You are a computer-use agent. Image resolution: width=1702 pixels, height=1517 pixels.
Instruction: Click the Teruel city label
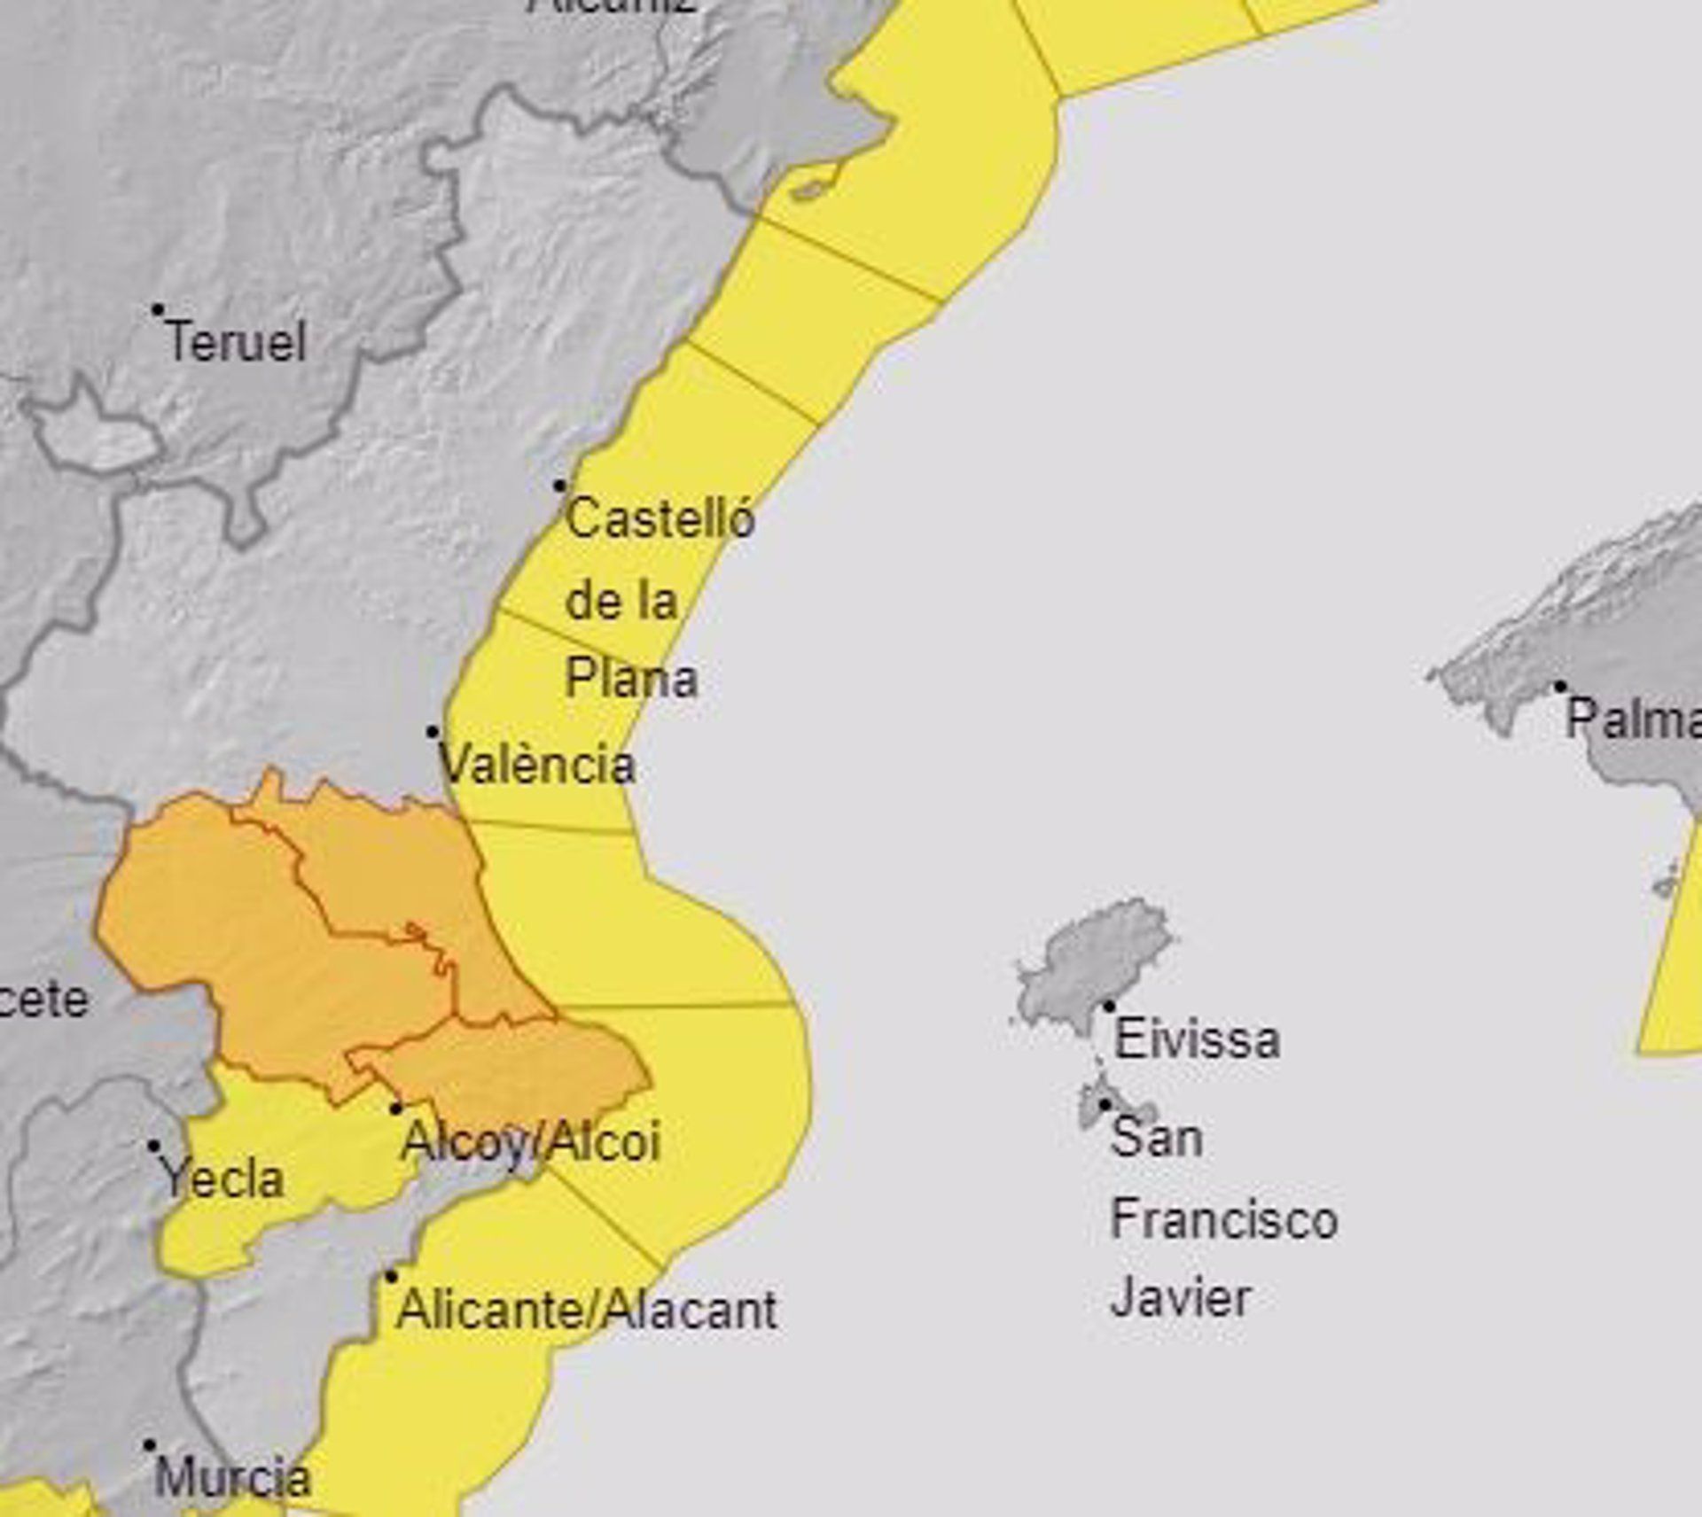236,342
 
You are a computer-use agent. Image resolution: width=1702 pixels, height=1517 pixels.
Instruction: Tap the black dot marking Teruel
158,310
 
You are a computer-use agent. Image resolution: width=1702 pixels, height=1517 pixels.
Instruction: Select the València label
538,765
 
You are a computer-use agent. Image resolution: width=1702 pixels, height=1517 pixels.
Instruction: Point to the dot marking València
433,732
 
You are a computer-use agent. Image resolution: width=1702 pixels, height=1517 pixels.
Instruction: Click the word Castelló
660,518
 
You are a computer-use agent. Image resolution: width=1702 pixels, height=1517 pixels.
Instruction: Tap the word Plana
631,680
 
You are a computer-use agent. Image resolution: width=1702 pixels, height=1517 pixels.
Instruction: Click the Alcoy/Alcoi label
530,1141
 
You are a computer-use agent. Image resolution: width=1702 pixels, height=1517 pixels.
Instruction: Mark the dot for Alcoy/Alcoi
396,1109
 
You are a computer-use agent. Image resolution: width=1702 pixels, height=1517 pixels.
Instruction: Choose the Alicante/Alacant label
586,1310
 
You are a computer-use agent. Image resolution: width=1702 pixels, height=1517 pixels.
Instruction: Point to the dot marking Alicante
391,1277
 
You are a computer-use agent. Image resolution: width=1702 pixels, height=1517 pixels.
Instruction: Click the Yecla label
222,1179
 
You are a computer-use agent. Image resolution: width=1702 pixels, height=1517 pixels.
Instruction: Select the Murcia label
232,1477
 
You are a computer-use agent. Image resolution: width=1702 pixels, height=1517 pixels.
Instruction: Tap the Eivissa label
1196,1039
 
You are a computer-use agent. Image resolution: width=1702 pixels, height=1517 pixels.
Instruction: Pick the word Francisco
1223,1219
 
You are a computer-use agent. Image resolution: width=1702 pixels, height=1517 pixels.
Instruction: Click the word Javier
1180,1298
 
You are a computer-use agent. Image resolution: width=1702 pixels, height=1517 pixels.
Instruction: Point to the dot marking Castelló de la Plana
560,486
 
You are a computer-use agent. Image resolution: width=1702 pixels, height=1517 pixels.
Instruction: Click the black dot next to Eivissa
1108,1006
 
